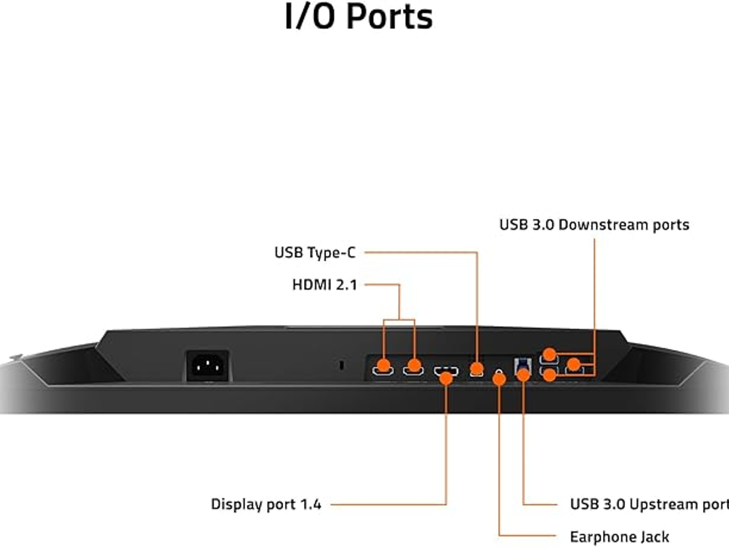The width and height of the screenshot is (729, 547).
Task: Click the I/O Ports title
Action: (x=359, y=17)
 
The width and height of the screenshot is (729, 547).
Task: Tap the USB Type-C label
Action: (x=315, y=252)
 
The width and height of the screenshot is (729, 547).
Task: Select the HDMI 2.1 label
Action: (x=324, y=285)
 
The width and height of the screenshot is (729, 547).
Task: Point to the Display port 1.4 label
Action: (x=266, y=504)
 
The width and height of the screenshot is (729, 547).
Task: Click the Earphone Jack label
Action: (x=619, y=537)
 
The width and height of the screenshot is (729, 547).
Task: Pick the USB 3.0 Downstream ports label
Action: (x=594, y=225)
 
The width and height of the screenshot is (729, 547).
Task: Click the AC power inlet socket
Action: (x=208, y=365)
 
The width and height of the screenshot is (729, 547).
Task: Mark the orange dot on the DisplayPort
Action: (x=446, y=378)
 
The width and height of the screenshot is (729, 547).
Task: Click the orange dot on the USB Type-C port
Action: (x=477, y=368)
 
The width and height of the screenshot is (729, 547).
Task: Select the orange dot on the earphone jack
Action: (x=499, y=379)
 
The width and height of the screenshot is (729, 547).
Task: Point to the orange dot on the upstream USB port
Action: (x=523, y=375)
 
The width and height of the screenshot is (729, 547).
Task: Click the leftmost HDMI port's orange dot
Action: (x=383, y=365)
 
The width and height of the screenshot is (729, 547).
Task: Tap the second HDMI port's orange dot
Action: (x=414, y=365)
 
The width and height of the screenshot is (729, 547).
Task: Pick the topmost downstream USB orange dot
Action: (x=550, y=354)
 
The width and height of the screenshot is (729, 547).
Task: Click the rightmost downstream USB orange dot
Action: (x=573, y=364)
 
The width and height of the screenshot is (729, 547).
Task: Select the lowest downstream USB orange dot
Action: (x=550, y=375)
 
